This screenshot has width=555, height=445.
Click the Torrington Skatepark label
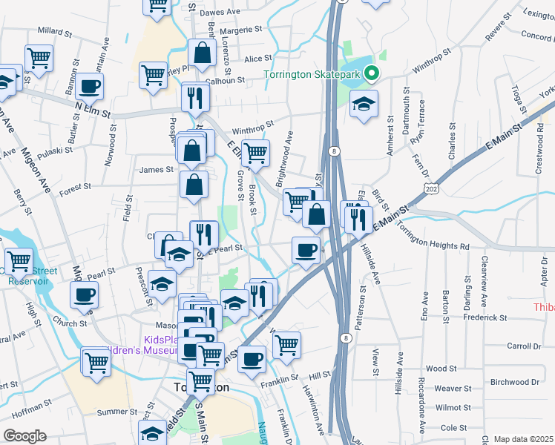pyautogui.click(x=316, y=74)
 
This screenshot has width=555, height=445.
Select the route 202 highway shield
pyautogui.click(x=430, y=191)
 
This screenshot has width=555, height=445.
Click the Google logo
pyautogui.click(x=24, y=436)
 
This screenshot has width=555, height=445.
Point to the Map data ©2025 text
pyautogui.click(x=523, y=439)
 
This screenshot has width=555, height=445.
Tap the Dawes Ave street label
pyautogui.click(x=220, y=13)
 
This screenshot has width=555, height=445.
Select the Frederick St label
pyautogui.click(x=482, y=317)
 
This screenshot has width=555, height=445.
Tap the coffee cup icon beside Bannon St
pyautogui.click(x=89, y=85)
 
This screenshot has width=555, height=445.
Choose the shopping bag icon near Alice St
pyautogui.click(x=202, y=53)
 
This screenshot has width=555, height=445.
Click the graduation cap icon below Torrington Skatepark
pyautogui.click(x=364, y=103)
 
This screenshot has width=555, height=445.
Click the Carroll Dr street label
pyautogui.click(x=524, y=346)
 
